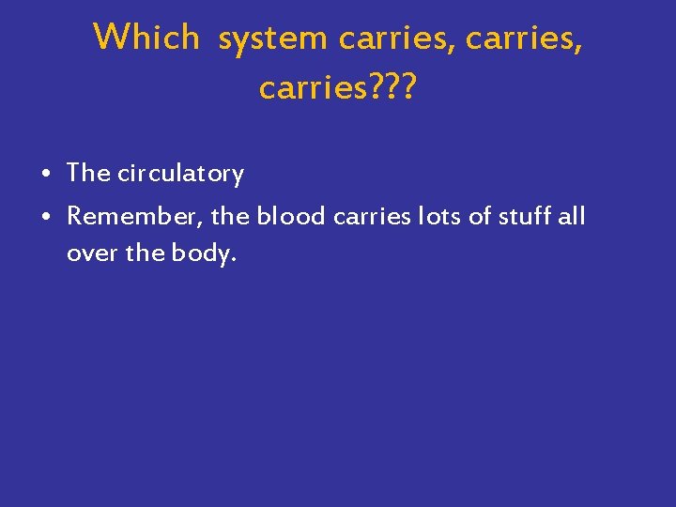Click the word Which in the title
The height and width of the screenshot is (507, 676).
146,38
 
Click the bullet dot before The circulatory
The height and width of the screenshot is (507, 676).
46,175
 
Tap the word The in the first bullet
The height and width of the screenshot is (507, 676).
89,174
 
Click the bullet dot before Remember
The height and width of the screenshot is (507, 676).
46,218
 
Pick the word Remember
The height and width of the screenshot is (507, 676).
134,217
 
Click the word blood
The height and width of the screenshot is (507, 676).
289,217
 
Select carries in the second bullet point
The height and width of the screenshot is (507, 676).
368,217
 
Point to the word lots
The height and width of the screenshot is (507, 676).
441,217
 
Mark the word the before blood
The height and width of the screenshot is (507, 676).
230,217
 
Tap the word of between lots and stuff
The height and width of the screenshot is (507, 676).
480,217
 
